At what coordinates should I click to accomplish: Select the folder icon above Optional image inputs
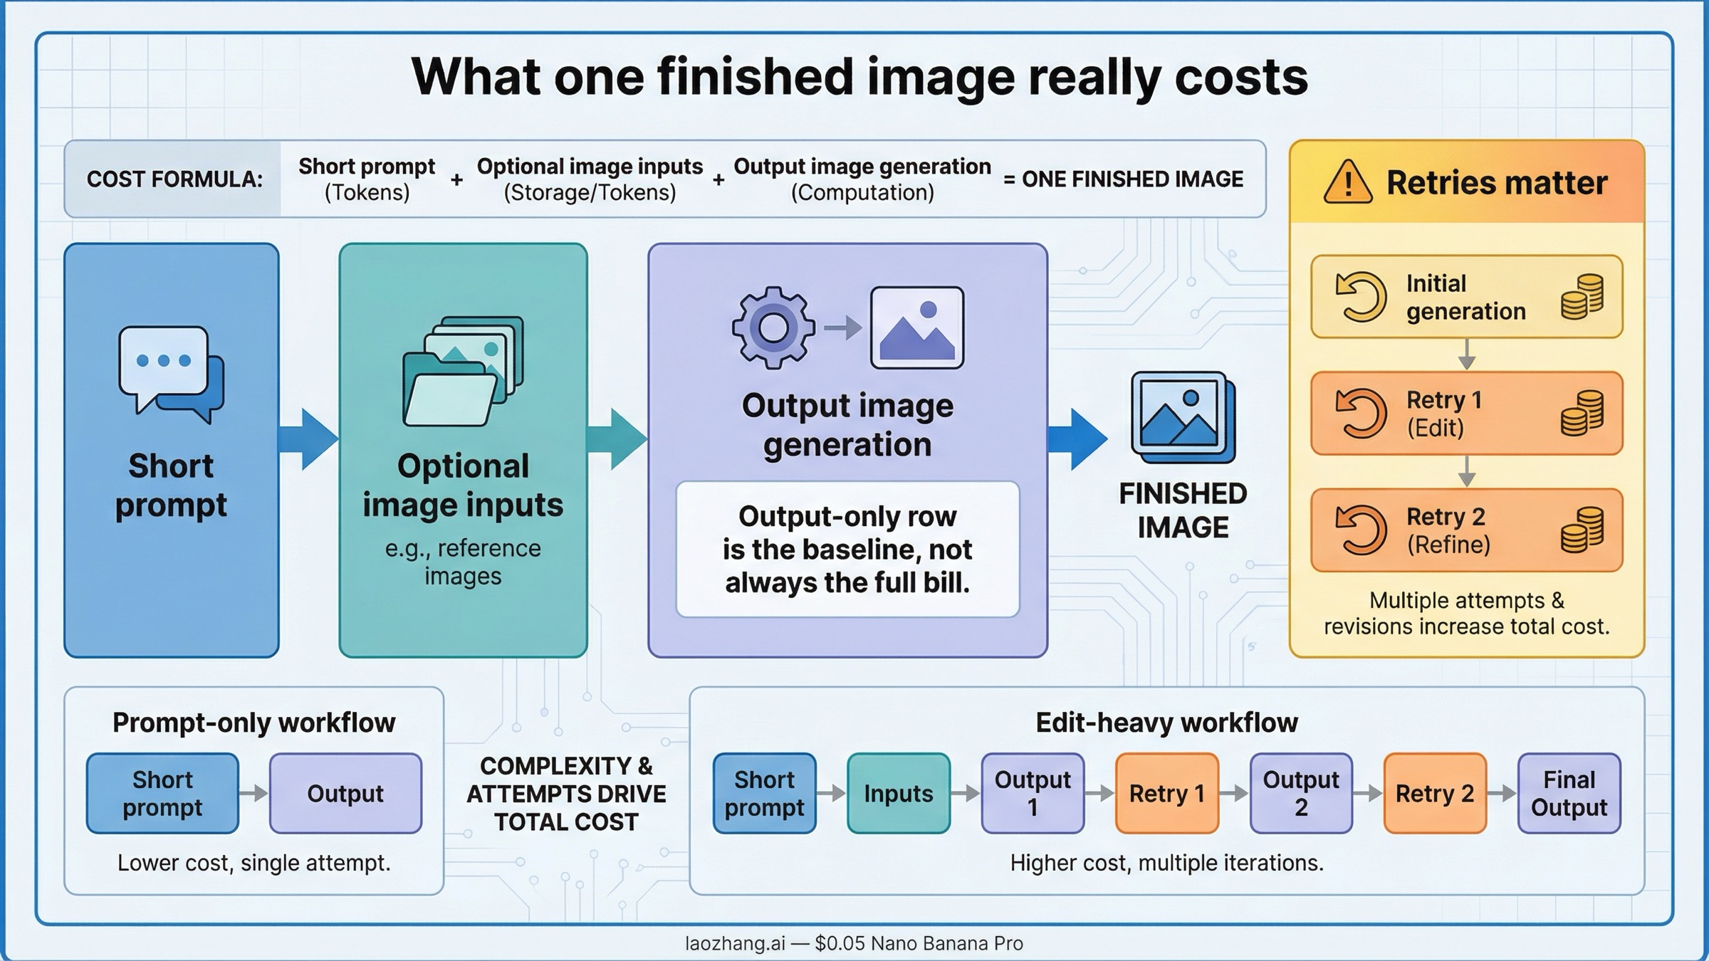tap(463, 372)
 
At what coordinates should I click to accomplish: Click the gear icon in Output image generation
tap(773, 327)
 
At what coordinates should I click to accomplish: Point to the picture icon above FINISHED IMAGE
tap(1183, 417)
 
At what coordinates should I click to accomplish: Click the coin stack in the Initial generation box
tap(1582, 297)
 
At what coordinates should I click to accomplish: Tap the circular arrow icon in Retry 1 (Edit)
tap(1361, 413)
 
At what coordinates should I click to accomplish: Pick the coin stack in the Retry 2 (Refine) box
tap(1582, 530)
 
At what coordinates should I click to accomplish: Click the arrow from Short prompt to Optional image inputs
tap(308, 439)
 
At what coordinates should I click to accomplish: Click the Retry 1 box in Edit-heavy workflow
tap(1166, 793)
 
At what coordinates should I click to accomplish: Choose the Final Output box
tap(1569, 793)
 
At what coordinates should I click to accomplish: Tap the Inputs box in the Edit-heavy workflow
tap(898, 793)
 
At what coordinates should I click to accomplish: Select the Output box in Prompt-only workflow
tap(345, 793)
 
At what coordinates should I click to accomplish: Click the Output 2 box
tap(1300, 793)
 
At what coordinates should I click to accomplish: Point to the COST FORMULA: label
tap(174, 179)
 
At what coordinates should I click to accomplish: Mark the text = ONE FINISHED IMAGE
tap(1124, 179)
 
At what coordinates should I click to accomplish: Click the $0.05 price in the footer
tap(840, 943)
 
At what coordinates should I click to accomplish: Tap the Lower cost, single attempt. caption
tap(254, 863)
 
